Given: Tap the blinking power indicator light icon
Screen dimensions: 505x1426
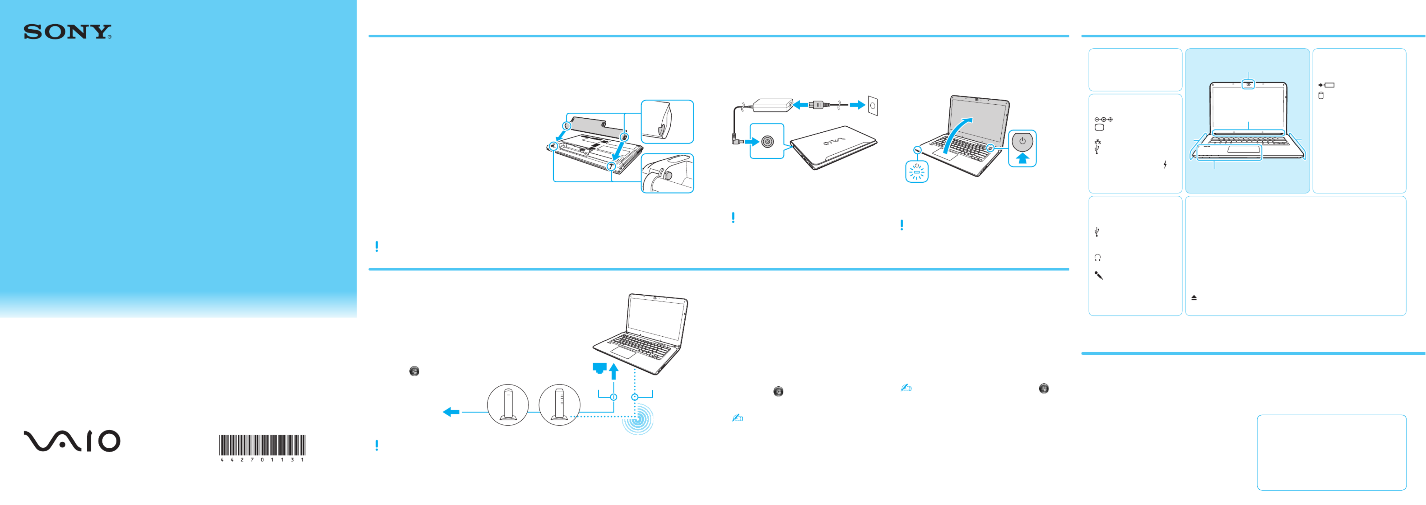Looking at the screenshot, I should [x=917, y=172].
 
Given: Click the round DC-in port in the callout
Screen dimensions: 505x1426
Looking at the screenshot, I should [x=767, y=142].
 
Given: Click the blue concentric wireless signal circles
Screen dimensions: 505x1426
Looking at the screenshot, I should [x=638, y=419].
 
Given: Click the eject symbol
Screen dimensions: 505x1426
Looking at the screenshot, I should [x=1194, y=298].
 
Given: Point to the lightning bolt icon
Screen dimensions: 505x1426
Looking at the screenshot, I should [x=1165, y=164].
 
